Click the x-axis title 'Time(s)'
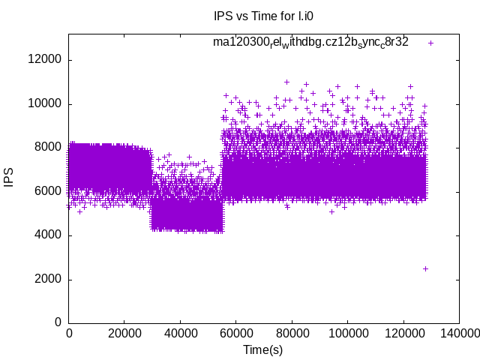(x=262, y=349)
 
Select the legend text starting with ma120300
(x=310, y=43)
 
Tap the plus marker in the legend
(x=430, y=43)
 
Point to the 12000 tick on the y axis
(x=46, y=60)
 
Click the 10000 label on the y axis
(x=46, y=103)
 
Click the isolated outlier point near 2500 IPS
(x=425, y=268)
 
